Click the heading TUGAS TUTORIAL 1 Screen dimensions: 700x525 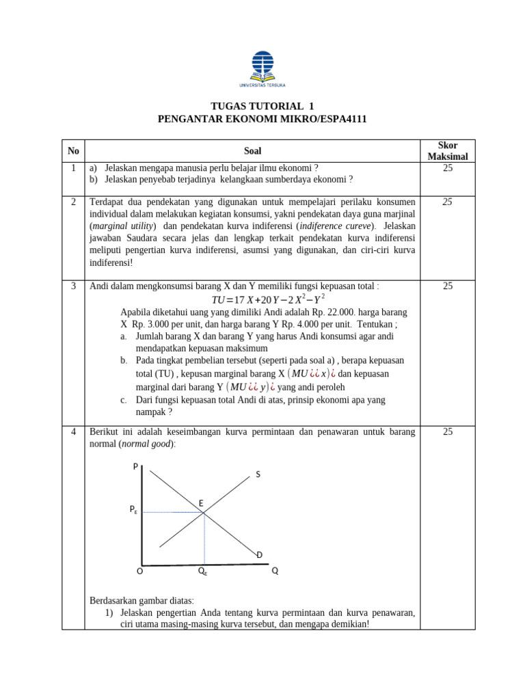262,106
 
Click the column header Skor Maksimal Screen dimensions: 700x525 447,151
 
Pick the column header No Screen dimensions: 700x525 73,150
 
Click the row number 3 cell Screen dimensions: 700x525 73,286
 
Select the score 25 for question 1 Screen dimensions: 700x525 447,167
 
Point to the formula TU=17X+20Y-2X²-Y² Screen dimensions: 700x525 269,299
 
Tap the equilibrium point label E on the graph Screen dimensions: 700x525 201,503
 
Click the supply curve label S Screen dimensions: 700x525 258,474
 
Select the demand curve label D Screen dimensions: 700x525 260,554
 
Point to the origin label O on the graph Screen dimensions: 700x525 139,571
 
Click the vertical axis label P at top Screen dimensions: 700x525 135,466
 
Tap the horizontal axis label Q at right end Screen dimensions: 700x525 275,571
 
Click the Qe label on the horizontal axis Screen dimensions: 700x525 202,571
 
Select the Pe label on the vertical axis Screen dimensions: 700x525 133,510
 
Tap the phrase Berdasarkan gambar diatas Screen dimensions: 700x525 142,600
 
